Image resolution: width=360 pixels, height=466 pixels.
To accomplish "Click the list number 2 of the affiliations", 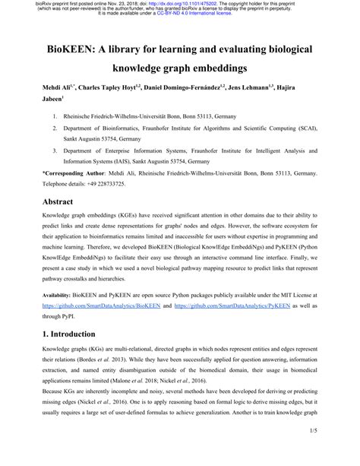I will click(55, 130).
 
